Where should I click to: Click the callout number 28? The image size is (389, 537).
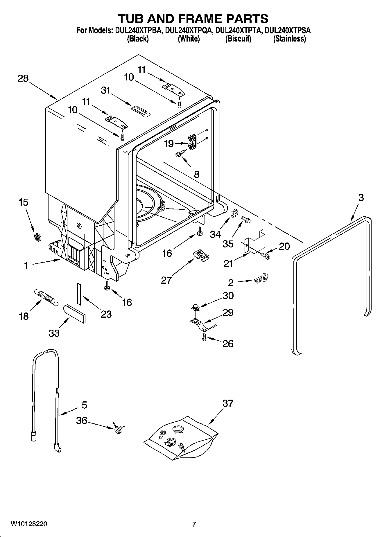point(23,78)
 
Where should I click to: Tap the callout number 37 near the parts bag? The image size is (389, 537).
point(228,403)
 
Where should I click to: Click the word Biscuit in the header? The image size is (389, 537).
point(238,39)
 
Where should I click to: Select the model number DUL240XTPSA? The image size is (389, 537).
point(288,30)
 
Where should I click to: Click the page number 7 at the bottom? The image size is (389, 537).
point(194,524)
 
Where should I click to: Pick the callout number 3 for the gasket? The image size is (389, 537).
point(361,197)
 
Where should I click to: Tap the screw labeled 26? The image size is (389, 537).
point(204,337)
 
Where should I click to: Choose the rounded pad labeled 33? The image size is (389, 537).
point(74,313)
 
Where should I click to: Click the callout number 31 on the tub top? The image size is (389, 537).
point(105,90)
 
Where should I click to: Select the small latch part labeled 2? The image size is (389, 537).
point(261,279)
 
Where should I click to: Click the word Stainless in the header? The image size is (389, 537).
point(289,39)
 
